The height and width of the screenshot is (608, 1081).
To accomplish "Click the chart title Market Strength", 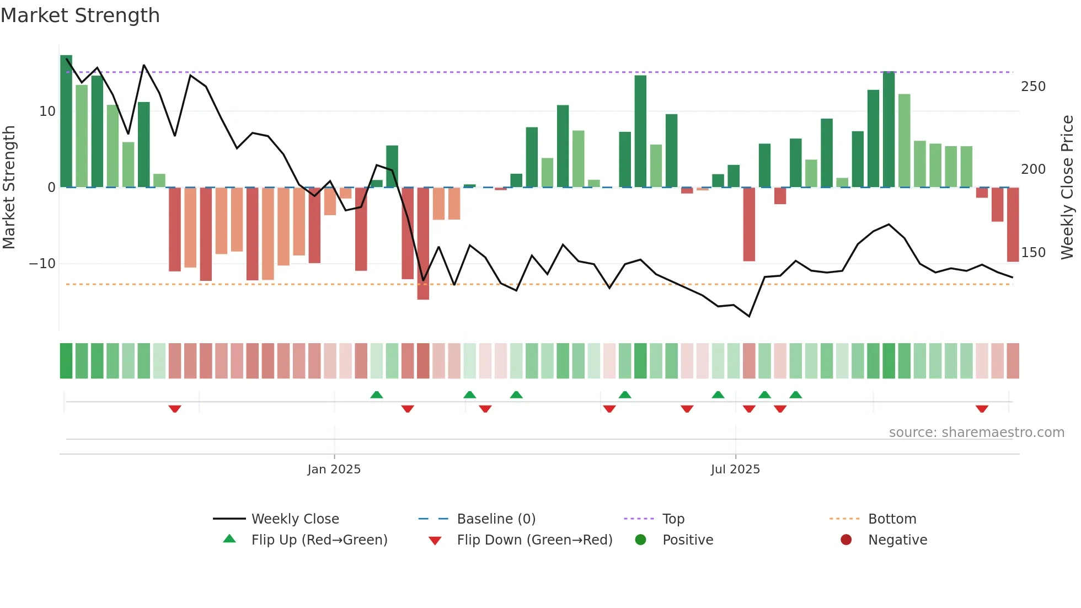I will [x=80, y=15].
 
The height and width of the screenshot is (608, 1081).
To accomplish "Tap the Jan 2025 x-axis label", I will [x=334, y=470].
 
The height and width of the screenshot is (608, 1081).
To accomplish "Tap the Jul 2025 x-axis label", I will [x=735, y=470].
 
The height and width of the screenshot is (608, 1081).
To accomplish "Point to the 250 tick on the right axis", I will [x=1033, y=87].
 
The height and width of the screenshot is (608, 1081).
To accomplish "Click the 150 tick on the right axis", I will [x=1033, y=253].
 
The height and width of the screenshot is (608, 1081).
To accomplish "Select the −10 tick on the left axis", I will [x=42, y=264].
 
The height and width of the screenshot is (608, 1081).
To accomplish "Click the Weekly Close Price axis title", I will [x=1067, y=187].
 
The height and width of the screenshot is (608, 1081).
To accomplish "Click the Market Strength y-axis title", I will [x=9, y=187].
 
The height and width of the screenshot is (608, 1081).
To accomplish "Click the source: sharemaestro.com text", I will [x=976, y=433].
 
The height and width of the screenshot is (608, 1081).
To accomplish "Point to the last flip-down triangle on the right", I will [x=982, y=409].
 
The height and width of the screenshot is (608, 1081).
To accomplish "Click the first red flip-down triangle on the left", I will [x=175, y=409].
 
